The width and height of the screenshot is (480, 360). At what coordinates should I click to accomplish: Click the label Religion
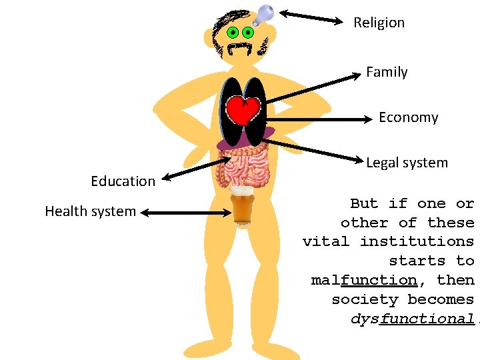[x=379, y=23]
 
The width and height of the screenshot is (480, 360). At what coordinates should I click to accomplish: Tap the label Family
[x=387, y=72]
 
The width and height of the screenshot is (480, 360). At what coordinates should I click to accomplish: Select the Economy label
[x=408, y=117]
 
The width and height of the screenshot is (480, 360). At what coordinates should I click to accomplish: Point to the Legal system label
[x=407, y=163]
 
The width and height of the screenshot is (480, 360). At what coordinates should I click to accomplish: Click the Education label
[x=123, y=181]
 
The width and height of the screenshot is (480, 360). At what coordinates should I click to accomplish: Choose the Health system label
[x=90, y=212]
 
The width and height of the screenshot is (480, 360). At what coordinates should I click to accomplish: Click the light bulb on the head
[x=265, y=13]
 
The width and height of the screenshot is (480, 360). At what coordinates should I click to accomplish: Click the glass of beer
[x=241, y=206]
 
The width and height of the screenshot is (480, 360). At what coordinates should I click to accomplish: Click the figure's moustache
[x=240, y=47]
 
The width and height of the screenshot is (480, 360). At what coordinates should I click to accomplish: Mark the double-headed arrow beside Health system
[x=186, y=213]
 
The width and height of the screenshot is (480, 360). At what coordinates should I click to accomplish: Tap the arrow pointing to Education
[x=196, y=169]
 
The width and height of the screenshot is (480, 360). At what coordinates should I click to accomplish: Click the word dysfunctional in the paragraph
[x=412, y=319]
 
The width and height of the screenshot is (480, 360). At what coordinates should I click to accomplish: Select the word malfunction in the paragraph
[x=364, y=280]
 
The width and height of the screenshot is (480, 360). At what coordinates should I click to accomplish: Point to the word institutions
[x=417, y=241]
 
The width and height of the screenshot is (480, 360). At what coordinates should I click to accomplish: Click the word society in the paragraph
[x=364, y=299]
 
